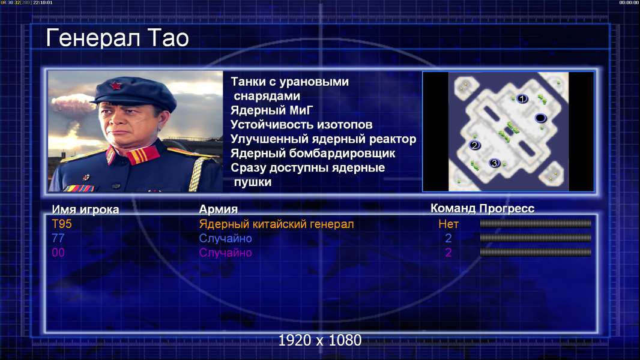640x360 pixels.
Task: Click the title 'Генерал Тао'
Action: (x=117, y=38)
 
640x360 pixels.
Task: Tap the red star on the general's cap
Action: (x=115, y=85)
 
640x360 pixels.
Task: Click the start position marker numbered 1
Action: (x=522, y=98)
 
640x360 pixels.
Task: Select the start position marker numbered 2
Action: (x=474, y=145)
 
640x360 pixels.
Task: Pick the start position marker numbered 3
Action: (x=495, y=163)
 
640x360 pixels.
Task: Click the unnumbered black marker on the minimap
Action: (x=540, y=118)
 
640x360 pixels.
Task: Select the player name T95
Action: (x=62, y=224)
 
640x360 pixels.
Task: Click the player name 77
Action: (x=58, y=238)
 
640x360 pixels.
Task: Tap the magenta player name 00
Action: (x=58, y=253)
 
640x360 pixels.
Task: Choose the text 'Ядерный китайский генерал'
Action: (x=276, y=224)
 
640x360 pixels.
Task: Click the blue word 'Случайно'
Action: (x=225, y=239)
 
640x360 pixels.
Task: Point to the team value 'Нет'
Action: (x=448, y=224)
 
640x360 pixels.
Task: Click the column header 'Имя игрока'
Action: (x=85, y=209)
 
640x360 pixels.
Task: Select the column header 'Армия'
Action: (x=218, y=209)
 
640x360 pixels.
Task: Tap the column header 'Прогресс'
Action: (x=507, y=208)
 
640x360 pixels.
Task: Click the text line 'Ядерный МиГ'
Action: (x=271, y=110)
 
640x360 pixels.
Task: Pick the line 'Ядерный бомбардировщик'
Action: (x=313, y=153)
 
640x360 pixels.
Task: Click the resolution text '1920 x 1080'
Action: (x=319, y=340)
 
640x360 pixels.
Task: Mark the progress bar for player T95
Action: (x=536, y=223)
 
